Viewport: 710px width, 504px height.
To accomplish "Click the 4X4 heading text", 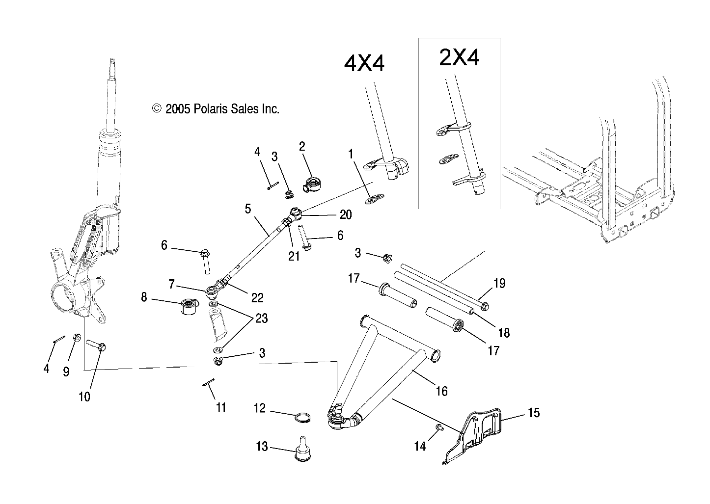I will point(364,64).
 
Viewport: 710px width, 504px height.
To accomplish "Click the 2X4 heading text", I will point(459,57).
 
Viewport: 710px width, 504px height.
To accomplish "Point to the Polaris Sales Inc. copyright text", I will point(216,109).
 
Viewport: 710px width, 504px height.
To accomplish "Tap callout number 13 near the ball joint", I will point(262,447).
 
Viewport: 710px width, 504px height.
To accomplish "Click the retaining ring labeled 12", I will point(303,418).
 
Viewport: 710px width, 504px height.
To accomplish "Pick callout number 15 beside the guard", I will point(534,413).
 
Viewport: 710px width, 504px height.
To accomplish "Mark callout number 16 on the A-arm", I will point(441,391).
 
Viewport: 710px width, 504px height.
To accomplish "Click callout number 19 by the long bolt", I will point(499,283).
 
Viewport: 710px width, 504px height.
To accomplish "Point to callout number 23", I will point(261,318).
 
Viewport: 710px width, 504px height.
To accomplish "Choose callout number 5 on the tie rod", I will point(248,209).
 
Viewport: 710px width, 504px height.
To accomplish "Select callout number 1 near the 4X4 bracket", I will point(351,155).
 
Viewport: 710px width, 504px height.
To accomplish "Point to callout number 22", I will point(257,297).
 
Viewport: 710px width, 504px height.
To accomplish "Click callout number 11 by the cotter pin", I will point(221,407).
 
